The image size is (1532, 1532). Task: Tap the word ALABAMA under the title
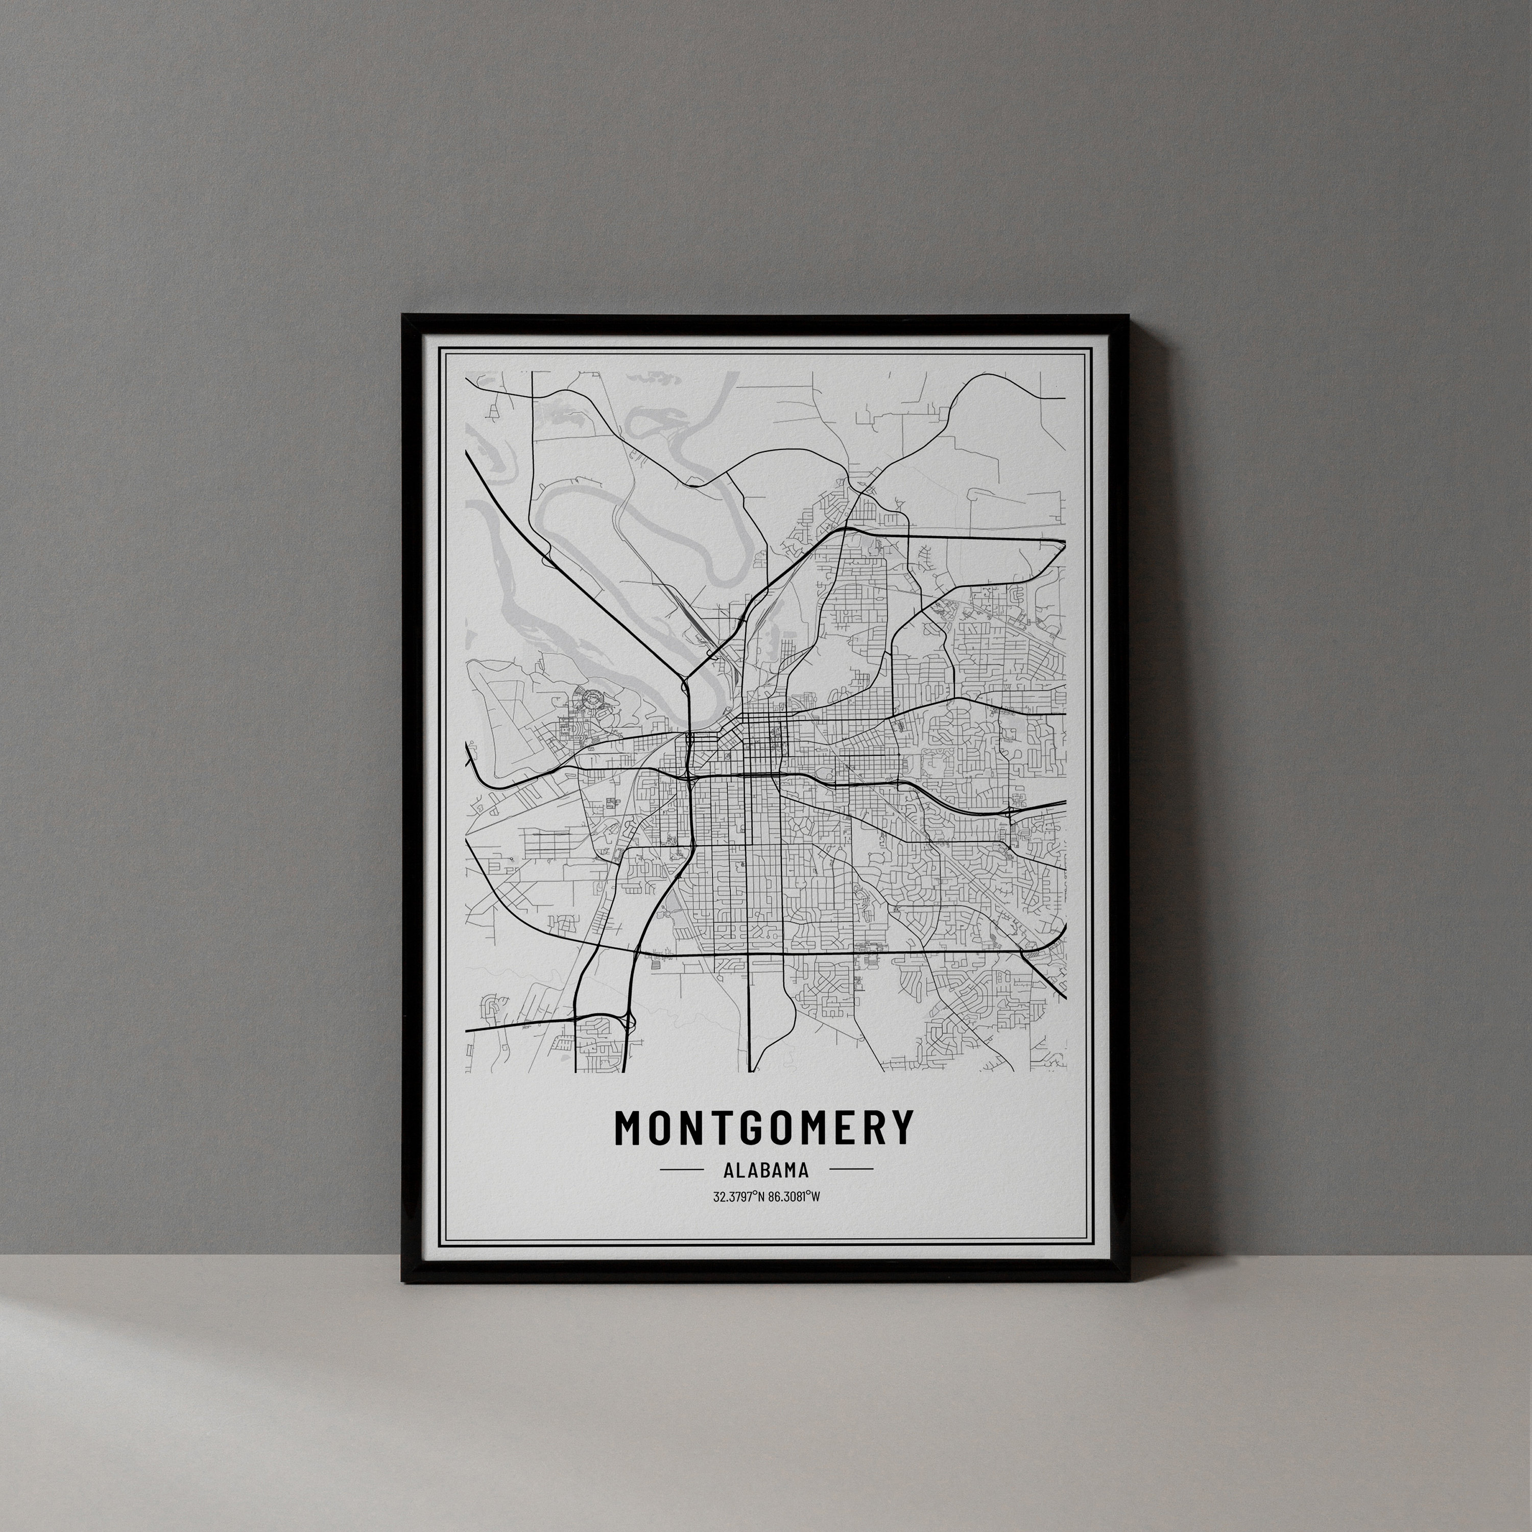[766, 1169]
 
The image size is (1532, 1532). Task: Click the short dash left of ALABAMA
[682, 1169]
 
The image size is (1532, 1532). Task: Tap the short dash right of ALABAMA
[851, 1169]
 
